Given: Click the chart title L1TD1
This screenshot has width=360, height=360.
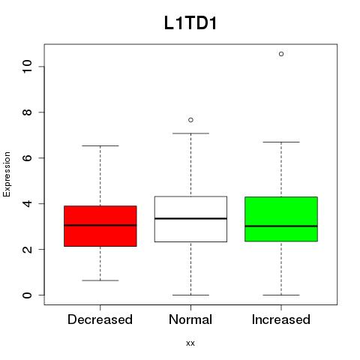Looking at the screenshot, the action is [x=190, y=23].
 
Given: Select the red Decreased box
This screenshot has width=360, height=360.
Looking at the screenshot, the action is [x=100, y=226].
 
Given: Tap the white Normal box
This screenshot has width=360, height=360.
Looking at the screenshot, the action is [x=190, y=219].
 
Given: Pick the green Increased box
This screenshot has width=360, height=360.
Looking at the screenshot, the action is [x=281, y=219].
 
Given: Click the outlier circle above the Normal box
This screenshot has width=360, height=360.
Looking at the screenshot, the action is [x=190, y=120].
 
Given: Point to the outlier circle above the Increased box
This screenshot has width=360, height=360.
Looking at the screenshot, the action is [x=281, y=54].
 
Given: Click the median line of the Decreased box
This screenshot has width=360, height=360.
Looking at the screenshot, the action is [x=100, y=225].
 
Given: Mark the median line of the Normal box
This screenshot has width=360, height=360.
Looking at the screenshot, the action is [x=190, y=218].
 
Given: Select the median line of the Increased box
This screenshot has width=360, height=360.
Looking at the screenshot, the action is [x=281, y=226].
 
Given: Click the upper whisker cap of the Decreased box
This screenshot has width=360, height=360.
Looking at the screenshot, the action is [x=100, y=145].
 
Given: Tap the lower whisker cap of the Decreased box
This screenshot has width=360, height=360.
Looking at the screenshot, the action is [x=100, y=280].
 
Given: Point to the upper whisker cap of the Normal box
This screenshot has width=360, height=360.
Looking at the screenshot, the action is [x=190, y=133].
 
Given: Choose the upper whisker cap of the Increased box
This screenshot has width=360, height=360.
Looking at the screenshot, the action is [x=281, y=142].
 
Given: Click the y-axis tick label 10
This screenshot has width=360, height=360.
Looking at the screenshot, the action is [x=27, y=66].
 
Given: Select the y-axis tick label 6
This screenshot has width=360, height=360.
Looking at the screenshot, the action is [x=27, y=157].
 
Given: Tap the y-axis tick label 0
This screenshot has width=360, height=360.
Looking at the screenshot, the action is [x=27, y=295].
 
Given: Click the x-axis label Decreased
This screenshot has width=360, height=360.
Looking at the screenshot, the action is [x=100, y=319].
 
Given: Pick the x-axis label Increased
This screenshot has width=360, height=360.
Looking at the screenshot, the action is [x=281, y=319].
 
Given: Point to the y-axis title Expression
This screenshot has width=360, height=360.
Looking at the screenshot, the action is [x=7, y=174].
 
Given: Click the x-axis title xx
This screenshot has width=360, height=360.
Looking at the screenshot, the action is [x=190, y=343].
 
